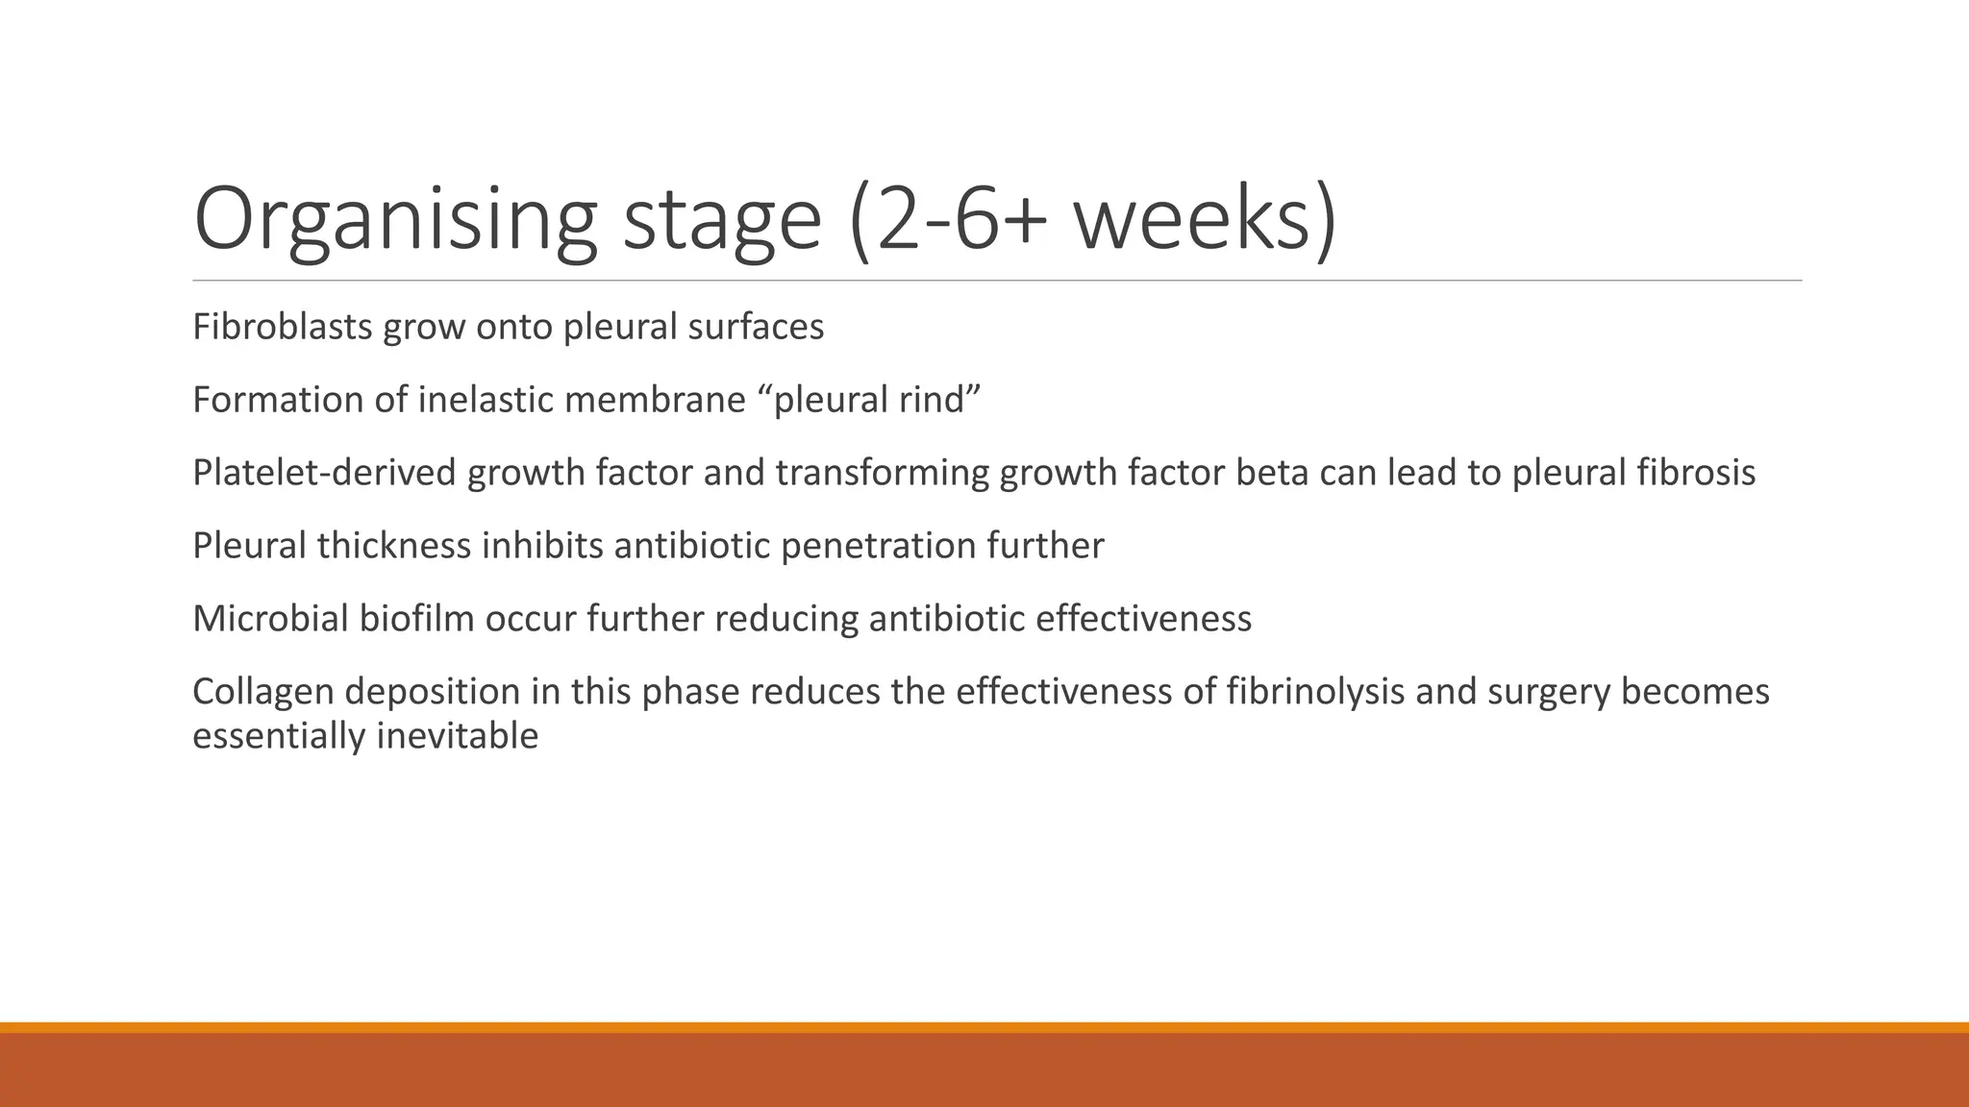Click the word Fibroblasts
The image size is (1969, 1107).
point(283,328)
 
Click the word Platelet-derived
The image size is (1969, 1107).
point(324,473)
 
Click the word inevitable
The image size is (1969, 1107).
point(457,736)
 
